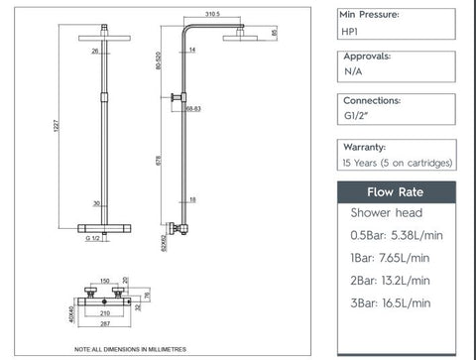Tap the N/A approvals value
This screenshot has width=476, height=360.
pyautogui.click(x=353, y=72)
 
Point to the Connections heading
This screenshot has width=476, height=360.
pyautogui.click(x=371, y=101)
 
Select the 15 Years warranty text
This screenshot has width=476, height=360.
pyautogui.click(x=397, y=162)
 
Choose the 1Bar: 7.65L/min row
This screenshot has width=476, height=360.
pyautogui.click(x=392, y=258)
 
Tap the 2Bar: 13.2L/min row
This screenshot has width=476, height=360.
pyautogui.click(x=392, y=281)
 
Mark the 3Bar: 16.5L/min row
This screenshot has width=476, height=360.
pyautogui.click(x=392, y=302)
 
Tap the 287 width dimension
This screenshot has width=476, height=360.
pyautogui.click(x=104, y=324)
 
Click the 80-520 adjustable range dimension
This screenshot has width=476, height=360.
pyautogui.click(x=159, y=64)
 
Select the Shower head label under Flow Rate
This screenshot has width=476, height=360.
pyautogui.click(x=387, y=212)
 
